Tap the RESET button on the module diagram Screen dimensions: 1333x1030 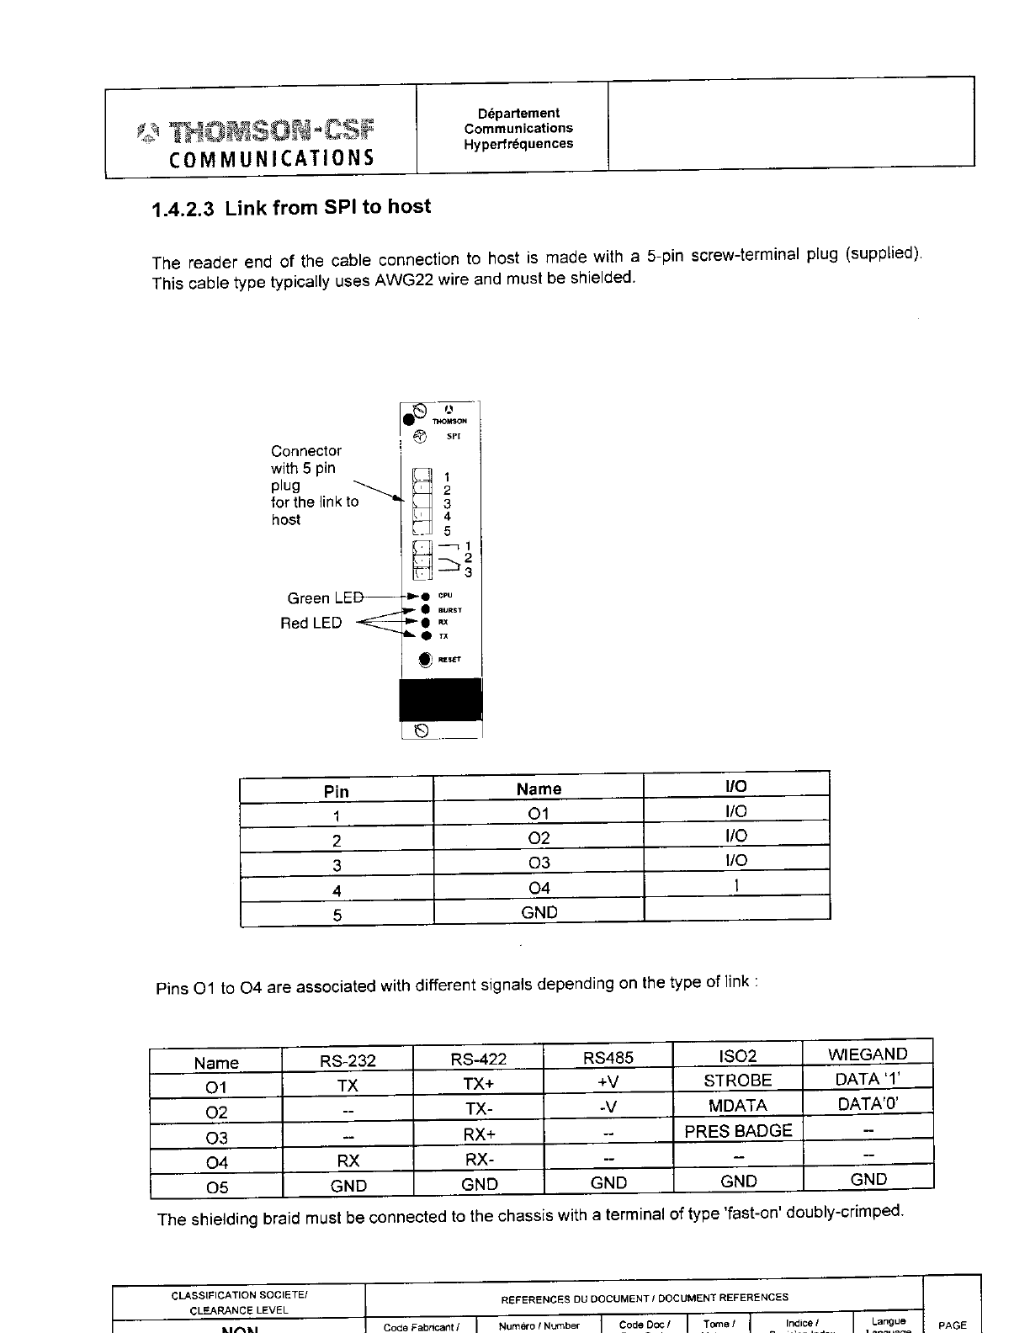[x=426, y=659]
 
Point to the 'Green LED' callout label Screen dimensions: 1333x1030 [x=325, y=598]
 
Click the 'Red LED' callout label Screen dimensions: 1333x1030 [x=311, y=623]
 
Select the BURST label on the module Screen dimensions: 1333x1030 [x=450, y=610]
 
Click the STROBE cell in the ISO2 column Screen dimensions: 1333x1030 [x=737, y=1081]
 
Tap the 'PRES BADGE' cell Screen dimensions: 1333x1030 [x=738, y=1131]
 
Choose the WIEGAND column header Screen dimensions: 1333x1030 [x=868, y=1054]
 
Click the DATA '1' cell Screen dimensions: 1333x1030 [x=868, y=1079]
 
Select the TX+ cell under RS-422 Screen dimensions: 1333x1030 [x=479, y=1084]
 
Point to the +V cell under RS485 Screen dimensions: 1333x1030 [x=608, y=1081]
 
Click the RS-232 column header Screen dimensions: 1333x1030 [x=348, y=1060]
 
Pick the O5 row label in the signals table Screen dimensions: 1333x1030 [x=216, y=1187]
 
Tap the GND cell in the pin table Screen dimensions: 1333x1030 [x=539, y=912]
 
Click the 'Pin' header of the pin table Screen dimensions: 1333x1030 [x=336, y=791]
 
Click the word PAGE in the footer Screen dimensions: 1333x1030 [x=952, y=1325]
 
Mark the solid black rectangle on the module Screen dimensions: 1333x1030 [x=440, y=700]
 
